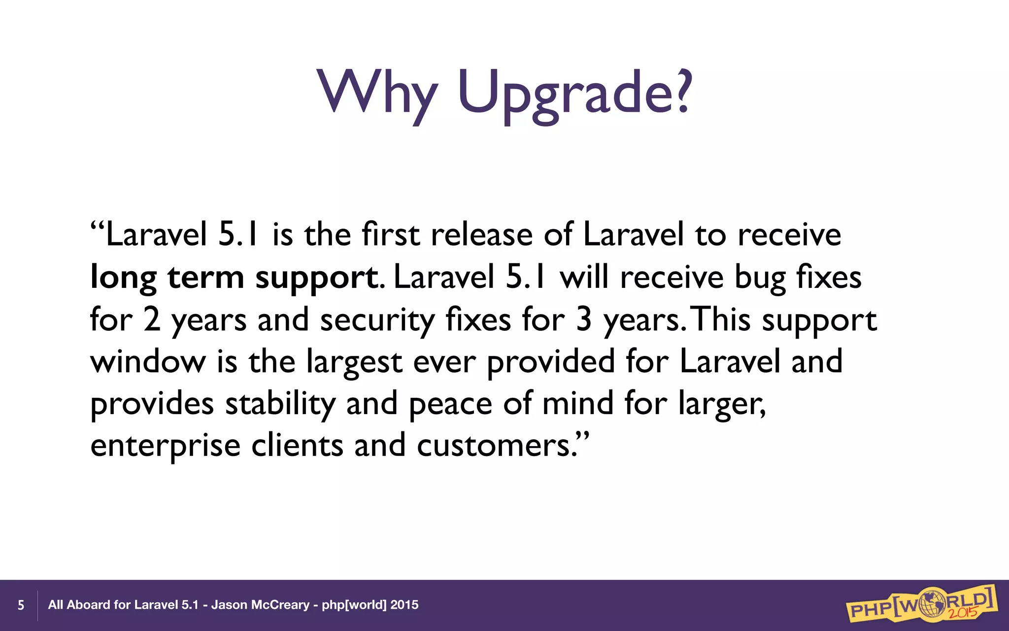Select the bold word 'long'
click(123, 278)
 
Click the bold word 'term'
click(205, 277)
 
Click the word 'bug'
click(760, 278)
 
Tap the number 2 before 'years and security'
click(152, 319)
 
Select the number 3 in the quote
click(583, 319)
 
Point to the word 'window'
click(148, 362)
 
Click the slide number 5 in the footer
click(21, 605)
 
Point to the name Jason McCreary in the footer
click(260, 605)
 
